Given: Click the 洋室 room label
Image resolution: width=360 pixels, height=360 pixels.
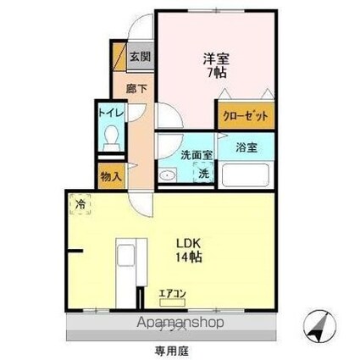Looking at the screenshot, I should click(214, 58).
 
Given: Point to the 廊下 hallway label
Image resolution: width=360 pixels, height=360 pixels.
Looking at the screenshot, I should click(136, 86).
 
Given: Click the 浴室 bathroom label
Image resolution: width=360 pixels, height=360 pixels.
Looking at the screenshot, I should click(246, 146).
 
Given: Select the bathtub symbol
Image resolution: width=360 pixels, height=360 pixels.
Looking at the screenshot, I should click(244, 175).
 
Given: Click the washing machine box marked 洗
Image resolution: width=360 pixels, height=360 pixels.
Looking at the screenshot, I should click(203, 174).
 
